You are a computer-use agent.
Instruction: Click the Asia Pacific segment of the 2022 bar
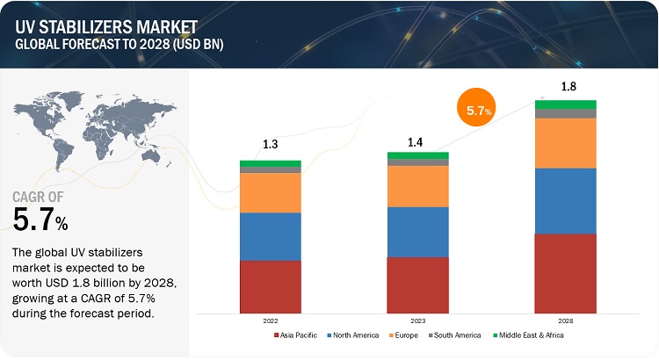click(271, 286)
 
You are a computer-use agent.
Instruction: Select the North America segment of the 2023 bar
click(418, 232)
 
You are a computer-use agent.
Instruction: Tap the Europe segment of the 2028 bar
click(566, 142)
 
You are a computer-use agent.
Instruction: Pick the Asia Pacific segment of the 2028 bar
click(566, 273)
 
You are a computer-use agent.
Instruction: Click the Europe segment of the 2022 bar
click(271, 192)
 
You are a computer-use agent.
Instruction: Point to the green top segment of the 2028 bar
click(566, 104)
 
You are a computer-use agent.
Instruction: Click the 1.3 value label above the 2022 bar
click(271, 145)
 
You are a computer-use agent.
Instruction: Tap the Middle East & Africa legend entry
click(531, 335)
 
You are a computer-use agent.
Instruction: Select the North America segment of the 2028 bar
click(566, 201)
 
